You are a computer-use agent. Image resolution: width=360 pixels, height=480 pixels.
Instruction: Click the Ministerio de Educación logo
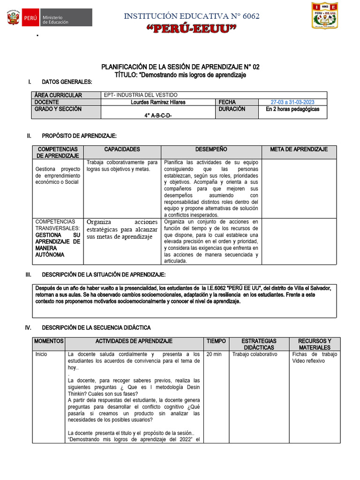pos(49,19)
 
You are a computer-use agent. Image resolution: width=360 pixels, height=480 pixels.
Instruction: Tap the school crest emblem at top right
pos(331,15)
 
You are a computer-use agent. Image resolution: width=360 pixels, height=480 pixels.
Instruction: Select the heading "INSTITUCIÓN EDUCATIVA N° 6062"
pos(192,16)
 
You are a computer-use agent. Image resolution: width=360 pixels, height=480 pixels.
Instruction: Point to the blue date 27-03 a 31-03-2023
pos(292,102)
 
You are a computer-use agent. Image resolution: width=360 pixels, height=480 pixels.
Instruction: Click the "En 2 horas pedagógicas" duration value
pos(292,109)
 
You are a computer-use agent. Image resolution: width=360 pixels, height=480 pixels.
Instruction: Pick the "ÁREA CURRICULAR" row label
pos(58,95)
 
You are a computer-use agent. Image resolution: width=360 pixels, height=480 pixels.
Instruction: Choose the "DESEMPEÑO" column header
pos(211,150)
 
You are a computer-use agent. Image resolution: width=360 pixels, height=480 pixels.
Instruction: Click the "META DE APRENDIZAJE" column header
pos(299,150)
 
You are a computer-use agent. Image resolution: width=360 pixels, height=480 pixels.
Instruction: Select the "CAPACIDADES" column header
pos(122,150)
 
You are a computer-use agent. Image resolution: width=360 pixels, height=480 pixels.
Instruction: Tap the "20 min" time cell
pos(214,354)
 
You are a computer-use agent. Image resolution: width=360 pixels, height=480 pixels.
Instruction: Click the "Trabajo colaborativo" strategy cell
pos(255,354)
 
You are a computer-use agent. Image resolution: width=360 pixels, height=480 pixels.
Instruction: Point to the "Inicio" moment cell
pos(41,354)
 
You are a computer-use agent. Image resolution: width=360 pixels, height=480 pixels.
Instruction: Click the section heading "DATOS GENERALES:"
pos(67,82)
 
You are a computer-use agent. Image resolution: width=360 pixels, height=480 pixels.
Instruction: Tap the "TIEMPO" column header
pos(216,341)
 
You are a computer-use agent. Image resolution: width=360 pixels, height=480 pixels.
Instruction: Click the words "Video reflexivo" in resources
pos(308,361)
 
